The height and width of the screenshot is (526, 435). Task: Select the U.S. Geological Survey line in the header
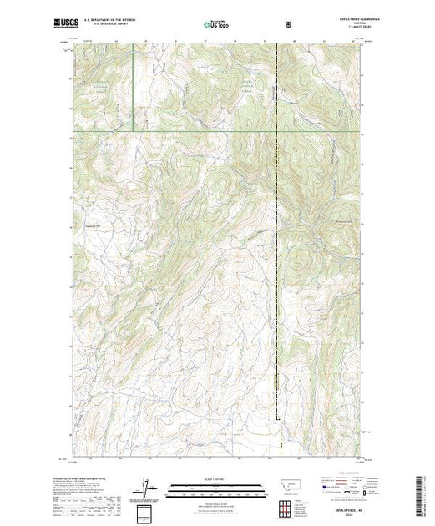[124, 24]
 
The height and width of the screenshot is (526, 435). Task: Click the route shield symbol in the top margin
[288, 24]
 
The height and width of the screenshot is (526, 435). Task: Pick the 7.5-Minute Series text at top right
[345, 28]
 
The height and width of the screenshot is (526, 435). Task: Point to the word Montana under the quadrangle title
[345, 24]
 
